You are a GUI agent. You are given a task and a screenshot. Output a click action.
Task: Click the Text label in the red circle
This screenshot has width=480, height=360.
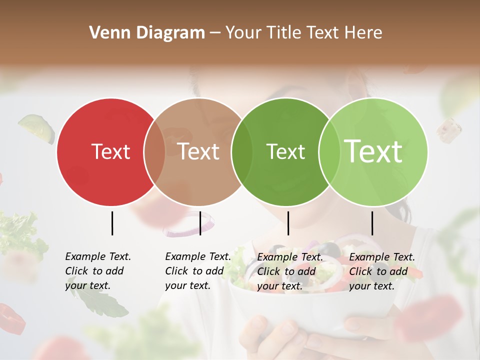point(110,151)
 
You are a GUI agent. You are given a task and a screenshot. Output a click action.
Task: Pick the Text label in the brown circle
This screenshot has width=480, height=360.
point(198,151)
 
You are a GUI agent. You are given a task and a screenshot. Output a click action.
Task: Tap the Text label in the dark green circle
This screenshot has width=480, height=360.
point(285,151)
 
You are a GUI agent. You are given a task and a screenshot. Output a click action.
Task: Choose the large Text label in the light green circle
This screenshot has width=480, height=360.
point(373,151)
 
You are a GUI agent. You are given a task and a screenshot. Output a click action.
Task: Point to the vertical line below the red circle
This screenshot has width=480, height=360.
point(112,223)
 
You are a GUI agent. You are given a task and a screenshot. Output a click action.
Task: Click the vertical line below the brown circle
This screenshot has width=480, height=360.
point(200,223)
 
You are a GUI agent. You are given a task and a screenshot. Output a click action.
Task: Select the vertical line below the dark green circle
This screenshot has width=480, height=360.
point(288,223)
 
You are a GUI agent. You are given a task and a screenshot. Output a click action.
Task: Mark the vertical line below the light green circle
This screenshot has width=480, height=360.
point(372,223)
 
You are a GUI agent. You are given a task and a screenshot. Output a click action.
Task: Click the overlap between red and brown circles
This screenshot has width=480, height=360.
point(154,151)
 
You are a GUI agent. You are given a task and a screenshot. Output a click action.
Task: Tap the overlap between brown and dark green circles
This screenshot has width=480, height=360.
point(242,151)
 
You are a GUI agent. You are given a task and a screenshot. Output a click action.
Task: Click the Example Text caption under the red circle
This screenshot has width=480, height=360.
point(97,271)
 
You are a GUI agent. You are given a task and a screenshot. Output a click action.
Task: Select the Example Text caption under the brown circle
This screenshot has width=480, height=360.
point(197,271)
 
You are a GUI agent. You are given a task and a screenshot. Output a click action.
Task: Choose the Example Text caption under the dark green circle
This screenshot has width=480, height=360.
point(289,271)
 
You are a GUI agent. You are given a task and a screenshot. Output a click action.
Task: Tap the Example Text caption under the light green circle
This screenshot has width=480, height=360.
point(381,271)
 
